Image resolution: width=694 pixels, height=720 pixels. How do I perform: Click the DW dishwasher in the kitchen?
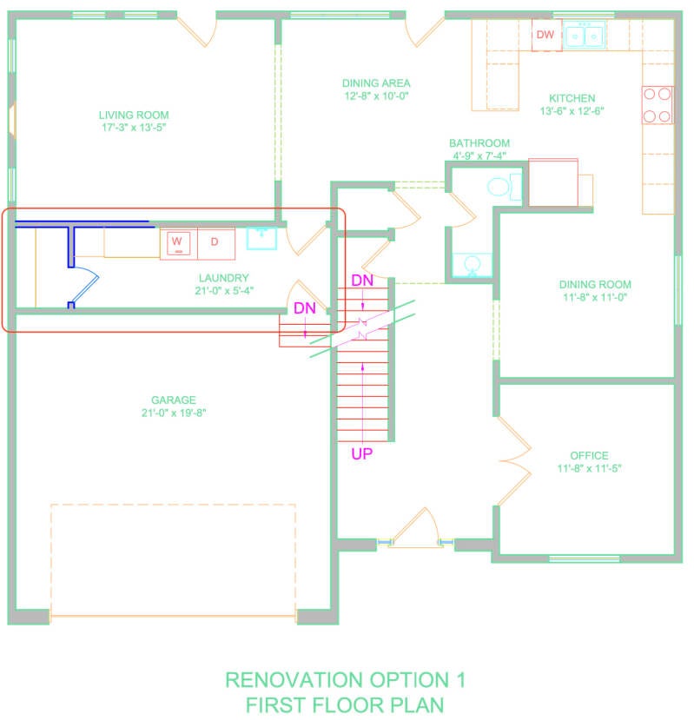coord(546,35)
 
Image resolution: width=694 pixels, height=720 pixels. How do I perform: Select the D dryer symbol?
coord(216,243)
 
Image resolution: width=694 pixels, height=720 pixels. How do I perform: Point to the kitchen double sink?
coord(585,35)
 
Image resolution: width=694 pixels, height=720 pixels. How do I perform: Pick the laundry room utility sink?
coord(261,238)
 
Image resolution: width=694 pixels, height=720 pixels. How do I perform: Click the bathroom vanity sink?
coord(473,266)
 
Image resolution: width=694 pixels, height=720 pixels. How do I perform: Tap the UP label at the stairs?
coord(362,453)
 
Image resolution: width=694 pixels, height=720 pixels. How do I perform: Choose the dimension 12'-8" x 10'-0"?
coord(377,96)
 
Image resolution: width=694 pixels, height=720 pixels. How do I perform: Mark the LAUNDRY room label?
coord(224,278)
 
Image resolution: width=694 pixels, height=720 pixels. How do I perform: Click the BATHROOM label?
coord(479,142)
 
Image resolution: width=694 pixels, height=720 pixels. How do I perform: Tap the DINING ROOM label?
coord(595,284)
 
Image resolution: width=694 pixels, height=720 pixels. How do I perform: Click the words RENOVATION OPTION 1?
coord(346,680)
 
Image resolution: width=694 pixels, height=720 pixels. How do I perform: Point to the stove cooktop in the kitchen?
coord(658,105)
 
